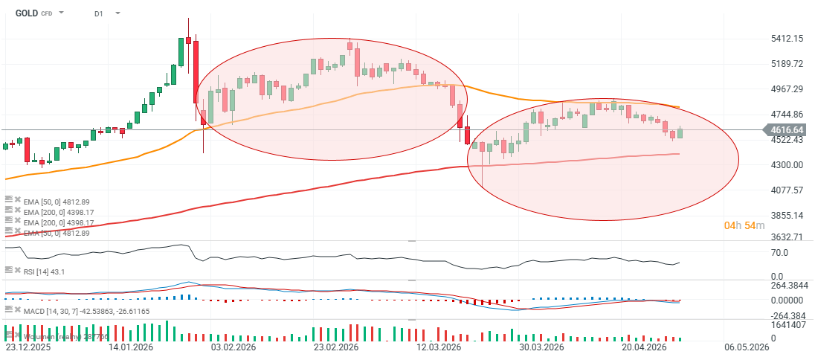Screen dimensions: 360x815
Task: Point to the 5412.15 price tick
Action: click(x=787, y=38)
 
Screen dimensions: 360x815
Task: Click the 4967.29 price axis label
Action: click(x=787, y=89)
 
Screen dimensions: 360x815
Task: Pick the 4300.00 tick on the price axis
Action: click(x=787, y=164)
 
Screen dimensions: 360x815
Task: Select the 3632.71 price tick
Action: click(x=787, y=237)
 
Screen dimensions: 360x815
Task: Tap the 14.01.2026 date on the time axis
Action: click(x=130, y=347)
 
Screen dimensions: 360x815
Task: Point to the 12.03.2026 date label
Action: click(x=438, y=347)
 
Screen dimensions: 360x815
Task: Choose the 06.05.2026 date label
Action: click(x=746, y=347)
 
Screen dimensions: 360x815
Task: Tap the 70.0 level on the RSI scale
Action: click(x=779, y=252)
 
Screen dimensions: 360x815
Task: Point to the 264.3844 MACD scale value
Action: click(x=786, y=285)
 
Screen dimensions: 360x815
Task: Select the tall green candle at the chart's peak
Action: click(x=181, y=52)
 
